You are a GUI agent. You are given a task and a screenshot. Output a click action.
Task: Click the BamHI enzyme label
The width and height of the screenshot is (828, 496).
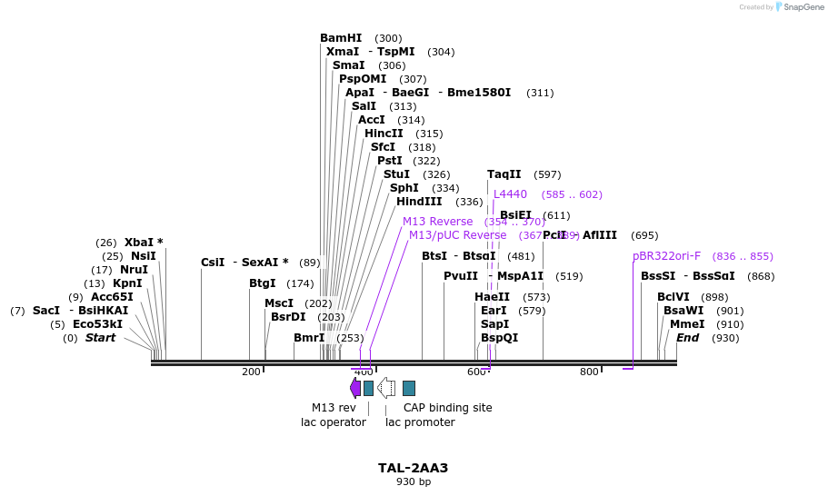(x=341, y=38)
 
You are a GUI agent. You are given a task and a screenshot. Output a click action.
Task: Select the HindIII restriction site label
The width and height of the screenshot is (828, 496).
(x=419, y=202)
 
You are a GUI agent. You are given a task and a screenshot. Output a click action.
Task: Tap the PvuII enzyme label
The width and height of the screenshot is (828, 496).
(x=461, y=276)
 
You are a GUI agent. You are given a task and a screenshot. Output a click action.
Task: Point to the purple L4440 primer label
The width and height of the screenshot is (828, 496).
(x=510, y=193)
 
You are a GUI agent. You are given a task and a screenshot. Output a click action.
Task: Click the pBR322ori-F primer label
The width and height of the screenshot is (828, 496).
(x=666, y=256)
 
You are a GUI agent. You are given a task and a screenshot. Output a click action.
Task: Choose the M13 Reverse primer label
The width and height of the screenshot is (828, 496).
(x=437, y=222)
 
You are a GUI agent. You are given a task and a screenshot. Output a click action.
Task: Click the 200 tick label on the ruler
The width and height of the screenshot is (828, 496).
(x=251, y=372)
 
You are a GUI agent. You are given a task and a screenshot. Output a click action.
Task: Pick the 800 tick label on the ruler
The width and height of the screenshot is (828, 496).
(x=589, y=372)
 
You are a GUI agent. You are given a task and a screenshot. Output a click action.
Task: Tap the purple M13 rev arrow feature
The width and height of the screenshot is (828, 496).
(x=355, y=388)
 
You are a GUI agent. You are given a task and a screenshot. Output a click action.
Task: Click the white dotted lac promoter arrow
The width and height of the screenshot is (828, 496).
(x=386, y=388)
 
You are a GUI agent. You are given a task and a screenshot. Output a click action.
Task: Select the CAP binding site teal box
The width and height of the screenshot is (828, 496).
(x=409, y=388)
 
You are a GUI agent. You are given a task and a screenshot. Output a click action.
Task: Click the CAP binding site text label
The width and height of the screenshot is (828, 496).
(x=447, y=408)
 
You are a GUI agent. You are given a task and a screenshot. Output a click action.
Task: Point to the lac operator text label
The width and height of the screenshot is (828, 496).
(x=334, y=422)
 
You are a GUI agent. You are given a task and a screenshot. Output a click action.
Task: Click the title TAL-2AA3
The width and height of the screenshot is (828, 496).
(x=414, y=468)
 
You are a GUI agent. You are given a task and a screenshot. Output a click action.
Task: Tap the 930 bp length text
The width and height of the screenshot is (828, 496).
(x=414, y=481)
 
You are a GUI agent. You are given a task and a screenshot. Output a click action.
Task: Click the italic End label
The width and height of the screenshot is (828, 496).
(x=687, y=338)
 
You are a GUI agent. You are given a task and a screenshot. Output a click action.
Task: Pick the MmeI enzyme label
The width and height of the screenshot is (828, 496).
(x=687, y=324)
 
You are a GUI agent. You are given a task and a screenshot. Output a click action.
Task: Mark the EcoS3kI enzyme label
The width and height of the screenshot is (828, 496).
(x=97, y=324)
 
